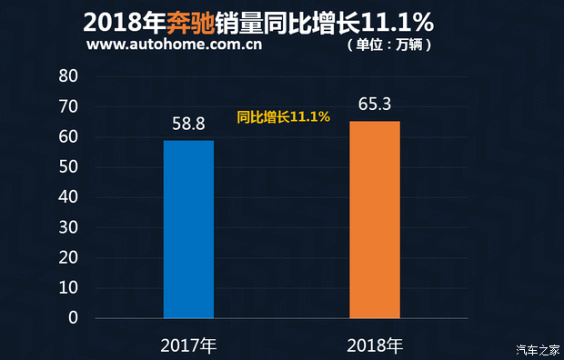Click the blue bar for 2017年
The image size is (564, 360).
click(188, 229)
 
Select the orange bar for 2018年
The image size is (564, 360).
click(375, 219)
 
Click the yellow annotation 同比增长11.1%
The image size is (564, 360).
click(283, 117)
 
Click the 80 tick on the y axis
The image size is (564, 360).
click(68, 76)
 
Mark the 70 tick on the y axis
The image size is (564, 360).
click(68, 106)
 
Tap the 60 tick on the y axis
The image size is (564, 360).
click(68, 137)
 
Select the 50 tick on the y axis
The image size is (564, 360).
click(68, 167)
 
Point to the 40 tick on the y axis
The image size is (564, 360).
click(68, 197)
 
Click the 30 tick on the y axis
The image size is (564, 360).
click(68, 228)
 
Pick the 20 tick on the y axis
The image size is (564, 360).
click(68, 258)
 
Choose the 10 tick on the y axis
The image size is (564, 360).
click(68, 288)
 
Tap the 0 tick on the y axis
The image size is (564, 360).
click(73, 318)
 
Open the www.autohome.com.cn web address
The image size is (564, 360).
click(176, 45)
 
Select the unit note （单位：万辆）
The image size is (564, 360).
click(389, 45)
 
